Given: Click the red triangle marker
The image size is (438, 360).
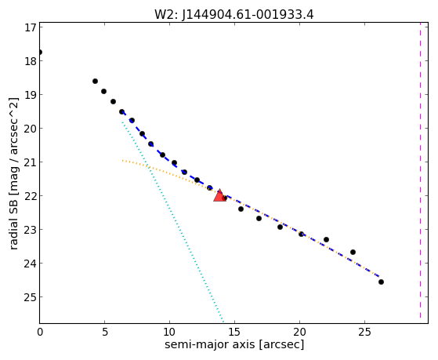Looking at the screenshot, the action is (x=220, y=195).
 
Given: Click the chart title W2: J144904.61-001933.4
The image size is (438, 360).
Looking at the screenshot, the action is (x=234, y=15).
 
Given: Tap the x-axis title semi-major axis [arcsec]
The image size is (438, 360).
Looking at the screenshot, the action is (x=234, y=344).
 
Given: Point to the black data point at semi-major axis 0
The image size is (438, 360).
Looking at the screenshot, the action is (x=40, y=53).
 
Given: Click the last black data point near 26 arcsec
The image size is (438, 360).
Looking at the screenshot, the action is (x=381, y=282).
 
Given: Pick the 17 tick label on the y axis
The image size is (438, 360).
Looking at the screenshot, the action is (x=31, y=27).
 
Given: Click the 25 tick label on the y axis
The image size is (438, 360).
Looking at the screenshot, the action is (x=31, y=297).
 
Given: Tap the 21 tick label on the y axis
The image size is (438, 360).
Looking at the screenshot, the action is (x=31, y=162).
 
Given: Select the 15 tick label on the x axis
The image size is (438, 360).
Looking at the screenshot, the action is (x=234, y=333).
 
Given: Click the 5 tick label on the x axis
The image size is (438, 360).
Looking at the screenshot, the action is (x=104, y=333).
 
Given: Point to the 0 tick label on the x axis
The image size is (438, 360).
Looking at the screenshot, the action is (x=40, y=333).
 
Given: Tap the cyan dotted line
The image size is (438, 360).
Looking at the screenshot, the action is (x=172, y=222).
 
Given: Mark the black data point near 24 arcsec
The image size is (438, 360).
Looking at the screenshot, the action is (x=353, y=252).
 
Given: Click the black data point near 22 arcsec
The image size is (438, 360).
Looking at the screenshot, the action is (x=326, y=240).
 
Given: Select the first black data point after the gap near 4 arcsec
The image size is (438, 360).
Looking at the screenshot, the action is (x=95, y=81).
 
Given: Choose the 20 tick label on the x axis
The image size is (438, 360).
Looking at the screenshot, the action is (x=299, y=333).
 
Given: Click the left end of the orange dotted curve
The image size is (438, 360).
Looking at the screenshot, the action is (x=122, y=161).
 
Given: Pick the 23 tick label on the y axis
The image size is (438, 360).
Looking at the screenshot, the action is (x=31, y=230).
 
